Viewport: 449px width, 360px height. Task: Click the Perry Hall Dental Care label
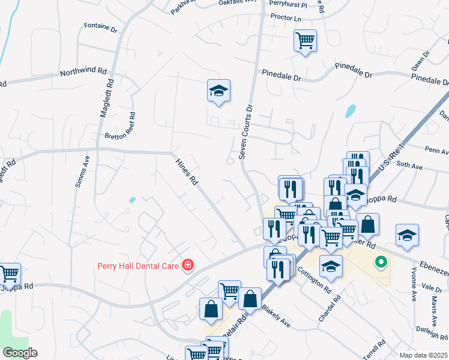[139, 265]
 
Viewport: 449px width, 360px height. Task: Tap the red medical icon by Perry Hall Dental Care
[188, 265]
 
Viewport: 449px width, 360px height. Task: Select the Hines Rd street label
[185, 171]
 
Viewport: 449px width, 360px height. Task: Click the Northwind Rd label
[83, 73]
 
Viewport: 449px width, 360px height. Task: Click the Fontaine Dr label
[100, 26]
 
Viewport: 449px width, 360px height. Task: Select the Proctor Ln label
[285, 18]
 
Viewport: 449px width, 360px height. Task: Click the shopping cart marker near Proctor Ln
[306, 41]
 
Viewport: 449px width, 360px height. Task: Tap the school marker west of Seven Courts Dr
[219, 91]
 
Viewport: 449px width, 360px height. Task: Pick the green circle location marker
[380, 262]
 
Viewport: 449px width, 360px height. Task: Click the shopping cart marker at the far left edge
[9, 274]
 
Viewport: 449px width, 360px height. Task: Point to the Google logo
[19, 352]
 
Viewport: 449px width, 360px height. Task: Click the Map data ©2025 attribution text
[423, 355]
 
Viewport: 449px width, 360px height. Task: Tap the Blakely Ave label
[277, 316]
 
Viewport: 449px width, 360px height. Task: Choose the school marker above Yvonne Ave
[408, 235]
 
